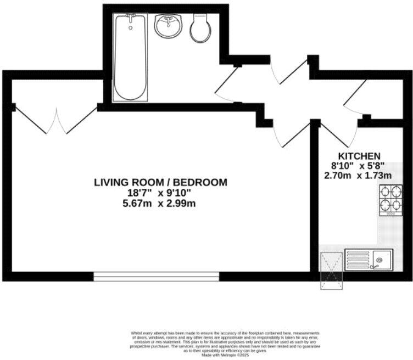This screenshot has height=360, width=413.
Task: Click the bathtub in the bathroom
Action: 130,57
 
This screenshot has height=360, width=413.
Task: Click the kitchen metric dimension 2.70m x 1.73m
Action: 359,176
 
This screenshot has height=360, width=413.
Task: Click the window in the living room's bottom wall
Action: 157,276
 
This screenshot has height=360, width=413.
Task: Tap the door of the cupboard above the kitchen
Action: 355,97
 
